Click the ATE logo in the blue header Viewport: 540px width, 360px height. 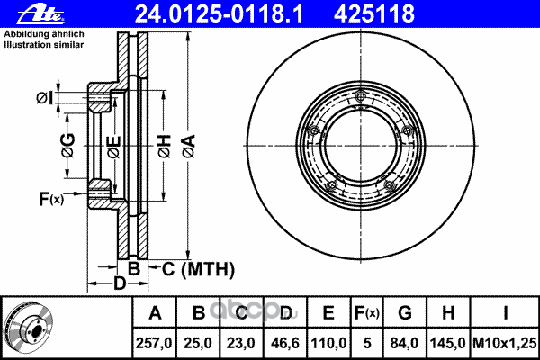click(x=40, y=14)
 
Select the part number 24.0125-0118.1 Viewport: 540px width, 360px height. click(x=219, y=13)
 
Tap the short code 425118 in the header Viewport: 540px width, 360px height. click(x=374, y=13)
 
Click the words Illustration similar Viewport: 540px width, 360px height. click(x=44, y=45)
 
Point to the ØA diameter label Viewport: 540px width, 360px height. click(x=189, y=146)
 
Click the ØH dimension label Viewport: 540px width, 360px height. click(x=165, y=146)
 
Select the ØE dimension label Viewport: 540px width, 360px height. click(x=114, y=147)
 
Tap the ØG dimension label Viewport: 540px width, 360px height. click(x=67, y=145)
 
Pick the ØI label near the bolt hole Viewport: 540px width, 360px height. click(x=45, y=98)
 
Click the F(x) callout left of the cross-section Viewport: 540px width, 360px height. click(x=51, y=199)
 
